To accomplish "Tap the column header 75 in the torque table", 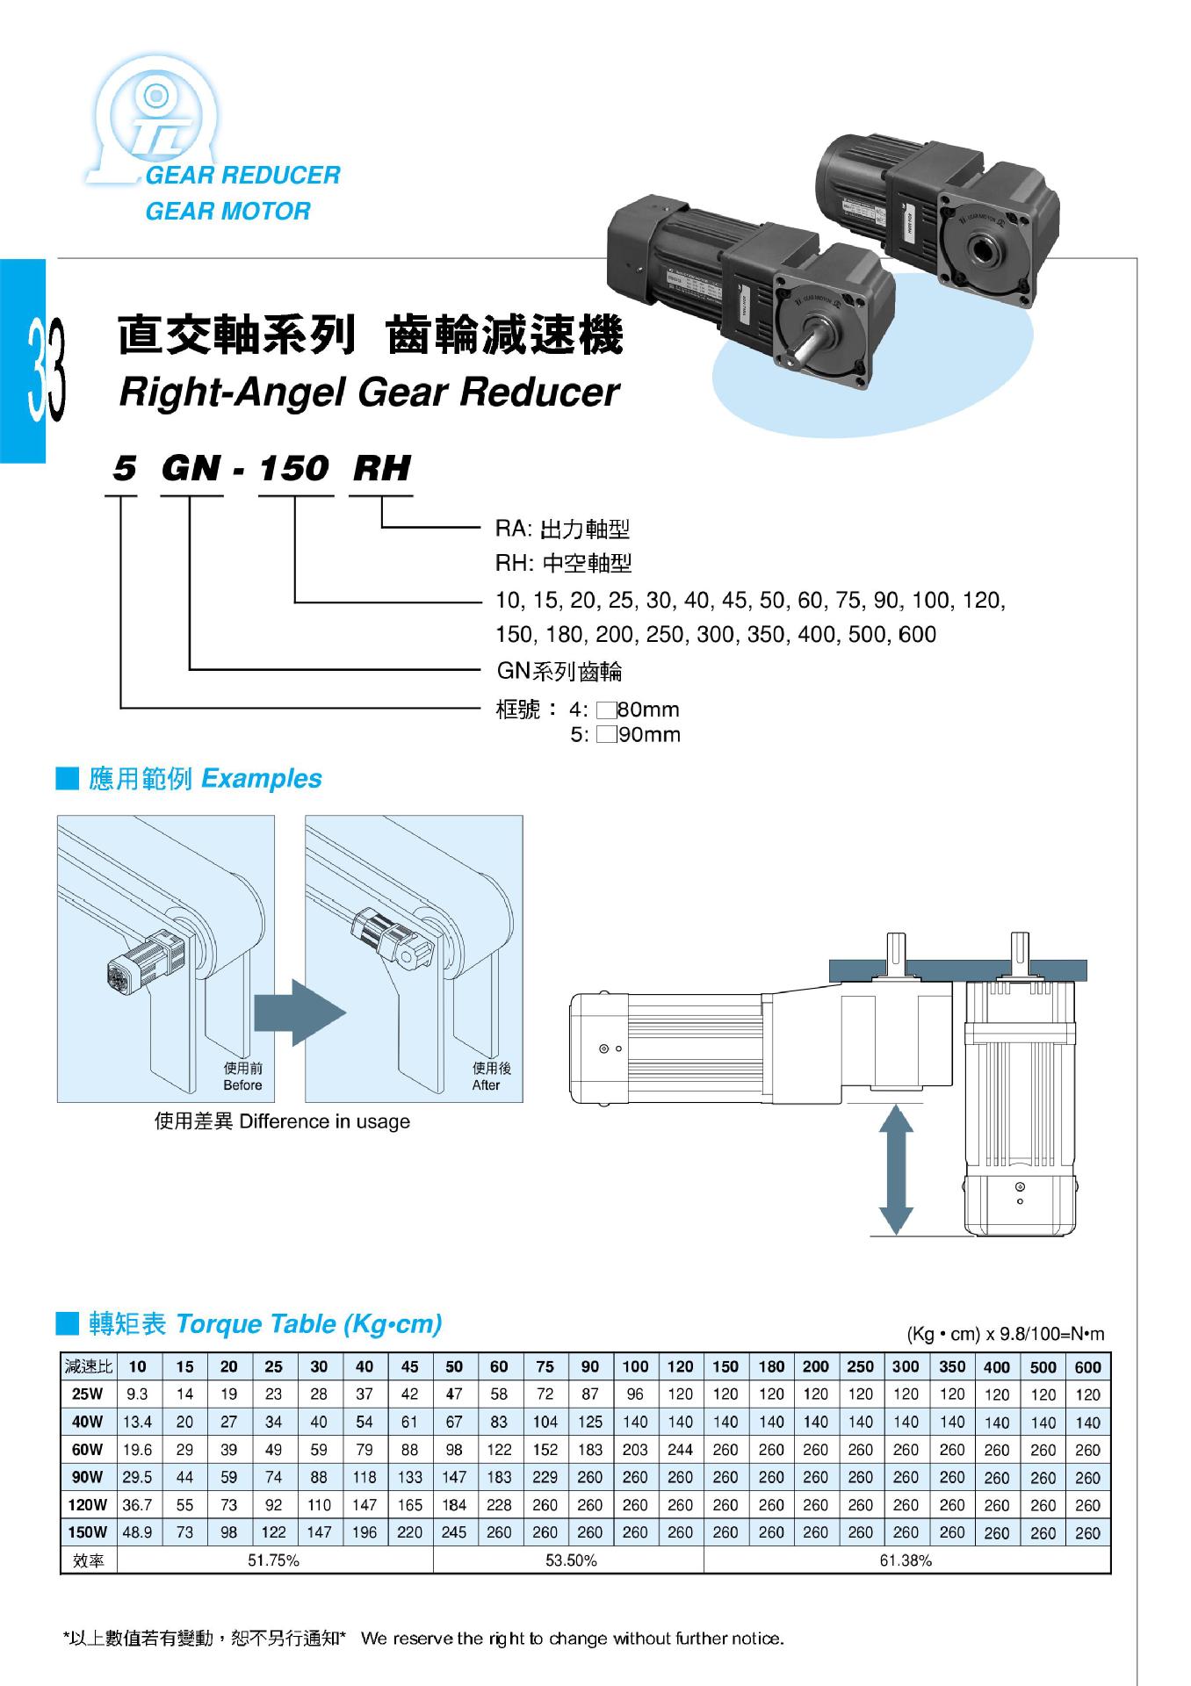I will [545, 1366].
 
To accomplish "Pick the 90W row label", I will [88, 1477].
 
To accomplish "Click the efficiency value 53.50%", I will [570, 1560].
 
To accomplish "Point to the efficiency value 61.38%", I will [905, 1560].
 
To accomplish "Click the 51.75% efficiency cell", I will [274, 1560].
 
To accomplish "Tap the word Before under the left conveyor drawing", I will [242, 1085].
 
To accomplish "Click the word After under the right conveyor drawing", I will [486, 1085].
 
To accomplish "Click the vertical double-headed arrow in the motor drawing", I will [895, 1170].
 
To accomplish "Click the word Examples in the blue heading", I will [262, 779].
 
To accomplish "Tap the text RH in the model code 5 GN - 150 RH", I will [381, 469].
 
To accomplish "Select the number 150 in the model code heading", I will [293, 469].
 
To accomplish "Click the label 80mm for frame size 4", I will [648, 710].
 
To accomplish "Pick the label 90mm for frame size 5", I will [649, 735].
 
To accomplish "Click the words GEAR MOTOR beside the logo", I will [227, 212].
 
